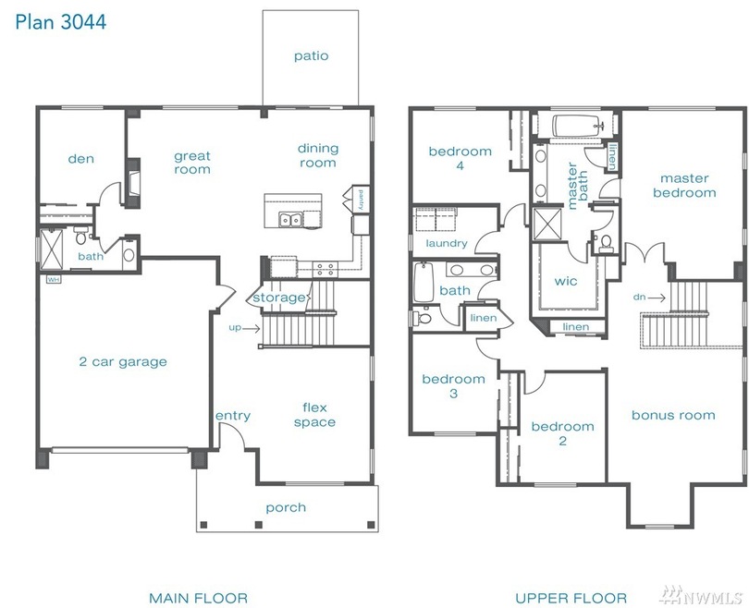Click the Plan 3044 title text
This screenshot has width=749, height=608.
click(61, 22)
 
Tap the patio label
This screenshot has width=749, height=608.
click(311, 55)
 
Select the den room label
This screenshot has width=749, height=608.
click(80, 158)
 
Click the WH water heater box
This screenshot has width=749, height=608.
click(53, 279)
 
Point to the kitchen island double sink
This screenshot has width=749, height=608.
click(290, 220)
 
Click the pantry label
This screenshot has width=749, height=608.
click(362, 200)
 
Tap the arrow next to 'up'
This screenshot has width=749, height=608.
click(252, 328)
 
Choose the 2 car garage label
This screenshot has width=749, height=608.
click(123, 361)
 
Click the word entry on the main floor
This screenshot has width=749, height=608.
click(233, 416)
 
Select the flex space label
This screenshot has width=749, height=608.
click(314, 415)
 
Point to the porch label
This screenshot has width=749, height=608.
click(286, 507)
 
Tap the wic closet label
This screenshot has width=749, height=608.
click(566, 281)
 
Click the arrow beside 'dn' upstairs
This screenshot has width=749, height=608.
click(657, 298)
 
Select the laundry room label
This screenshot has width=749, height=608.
click(446, 243)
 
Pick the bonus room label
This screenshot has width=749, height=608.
click(673, 415)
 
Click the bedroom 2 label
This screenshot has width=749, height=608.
click(563, 433)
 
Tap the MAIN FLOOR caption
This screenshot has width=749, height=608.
click(198, 598)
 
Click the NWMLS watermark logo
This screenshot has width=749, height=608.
click(700, 595)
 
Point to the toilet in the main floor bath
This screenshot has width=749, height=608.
click(81, 237)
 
